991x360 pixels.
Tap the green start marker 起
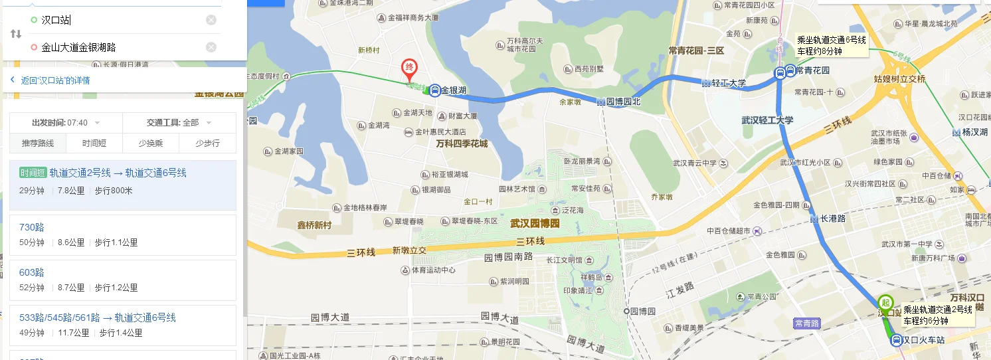pos(885,302)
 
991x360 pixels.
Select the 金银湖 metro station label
pos(454,90)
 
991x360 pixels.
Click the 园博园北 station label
pos(623,102)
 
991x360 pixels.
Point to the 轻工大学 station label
pos(729,83)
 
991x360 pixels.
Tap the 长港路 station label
pos(832,219)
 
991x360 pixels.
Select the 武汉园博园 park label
pos(535,224)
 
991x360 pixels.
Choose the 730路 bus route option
pos(32,227)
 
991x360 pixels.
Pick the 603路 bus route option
pos(32,272)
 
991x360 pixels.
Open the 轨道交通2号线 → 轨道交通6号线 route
pos(118,173)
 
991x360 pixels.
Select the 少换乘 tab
pos(151,143)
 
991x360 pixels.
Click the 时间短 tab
pos(94,143)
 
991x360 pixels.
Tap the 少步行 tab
pos(207,143)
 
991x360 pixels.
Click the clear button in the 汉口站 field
pos(211,20)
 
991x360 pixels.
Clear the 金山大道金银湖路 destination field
pos(211,47)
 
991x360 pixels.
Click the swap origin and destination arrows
pos(15,34)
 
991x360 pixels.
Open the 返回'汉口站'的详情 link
pos(54,80)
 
